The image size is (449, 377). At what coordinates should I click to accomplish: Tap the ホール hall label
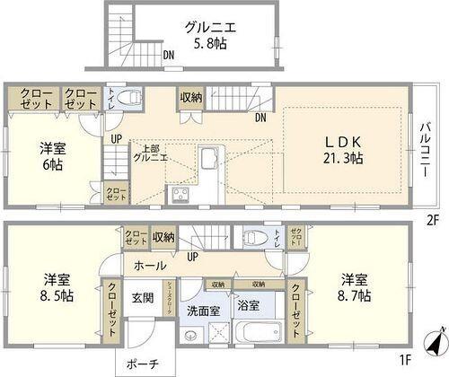pos(149,267)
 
